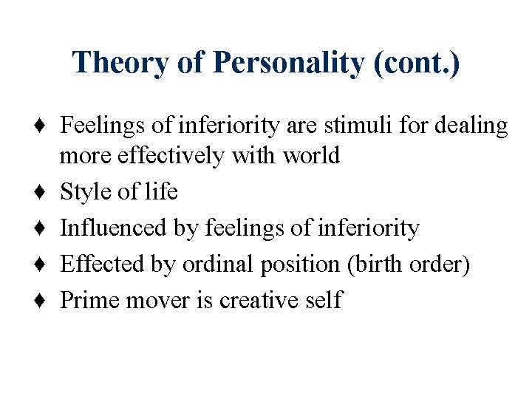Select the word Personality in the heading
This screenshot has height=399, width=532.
tap(289, 63)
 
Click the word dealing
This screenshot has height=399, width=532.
tap(477, 126)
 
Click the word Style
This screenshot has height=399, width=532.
tap(81, 192)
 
